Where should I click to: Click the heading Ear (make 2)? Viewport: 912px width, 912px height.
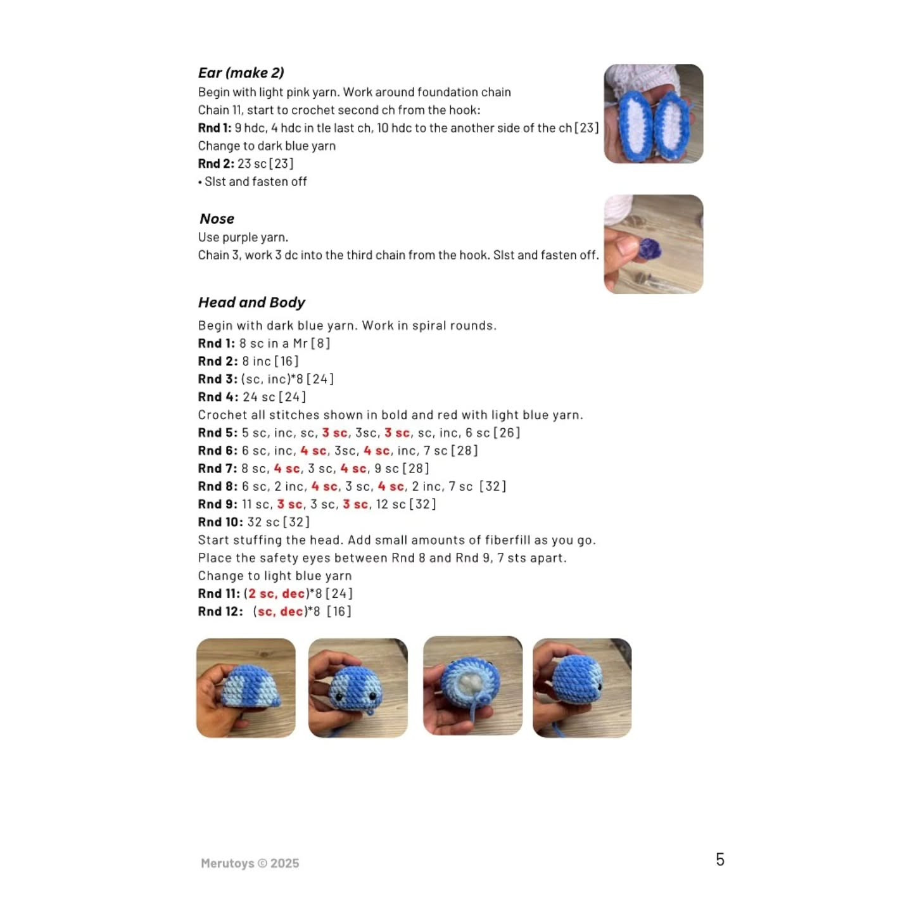pyautogui.click(x=241, y=73)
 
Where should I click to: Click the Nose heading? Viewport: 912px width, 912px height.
pyautogui.click(x=217, y=218)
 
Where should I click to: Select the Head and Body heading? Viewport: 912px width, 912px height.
pyautogui.click(x=251, y=302)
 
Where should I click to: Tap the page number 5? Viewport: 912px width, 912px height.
pyautogui.click(x=719, y=859)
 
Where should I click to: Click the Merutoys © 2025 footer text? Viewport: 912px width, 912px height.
pyautogui.click(x=250, y=863)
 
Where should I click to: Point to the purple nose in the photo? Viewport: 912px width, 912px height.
pyautogui.click(x=649, y=249)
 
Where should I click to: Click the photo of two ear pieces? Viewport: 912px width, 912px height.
pyautogui.click(x=653, y=114)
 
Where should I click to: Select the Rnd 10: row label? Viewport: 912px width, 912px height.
pyautogui.click(x=220, y=522)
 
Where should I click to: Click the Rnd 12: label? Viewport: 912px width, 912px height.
pyautogui.click(x=220, y=611)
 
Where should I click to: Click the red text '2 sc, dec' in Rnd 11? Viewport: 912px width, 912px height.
pyautogui.click(x=276, y=593)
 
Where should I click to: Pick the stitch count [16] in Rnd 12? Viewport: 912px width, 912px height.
pyautogui.click(x=339, y=611)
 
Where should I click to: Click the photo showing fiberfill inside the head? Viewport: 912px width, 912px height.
pyautogui.click(x=472, y=686)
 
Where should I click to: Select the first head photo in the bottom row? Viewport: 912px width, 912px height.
pyautogui.click(x=246, y=688)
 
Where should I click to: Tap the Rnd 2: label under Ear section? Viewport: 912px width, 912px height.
pyautogui.click(x=216, y=163)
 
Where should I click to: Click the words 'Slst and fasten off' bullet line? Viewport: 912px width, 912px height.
pyautogui.click(x=255, y=182)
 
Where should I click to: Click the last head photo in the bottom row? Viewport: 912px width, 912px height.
pyautogui.click(x=582, y=688)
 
